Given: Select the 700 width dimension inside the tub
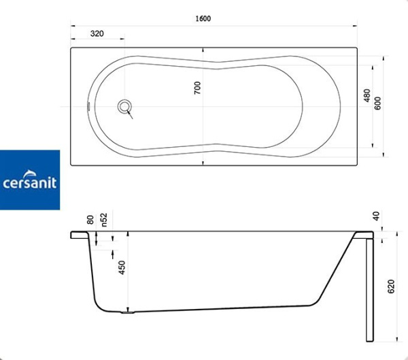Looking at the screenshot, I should point(198,87).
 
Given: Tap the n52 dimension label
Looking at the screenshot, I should point(104,219).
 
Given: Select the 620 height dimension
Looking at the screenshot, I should point(392,287).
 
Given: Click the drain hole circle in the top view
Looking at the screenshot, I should point(124,106).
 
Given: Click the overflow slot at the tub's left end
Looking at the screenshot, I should point(88,106).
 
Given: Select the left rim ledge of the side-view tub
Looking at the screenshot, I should point(79,234).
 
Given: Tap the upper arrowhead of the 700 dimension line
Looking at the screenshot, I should point(203,50).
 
